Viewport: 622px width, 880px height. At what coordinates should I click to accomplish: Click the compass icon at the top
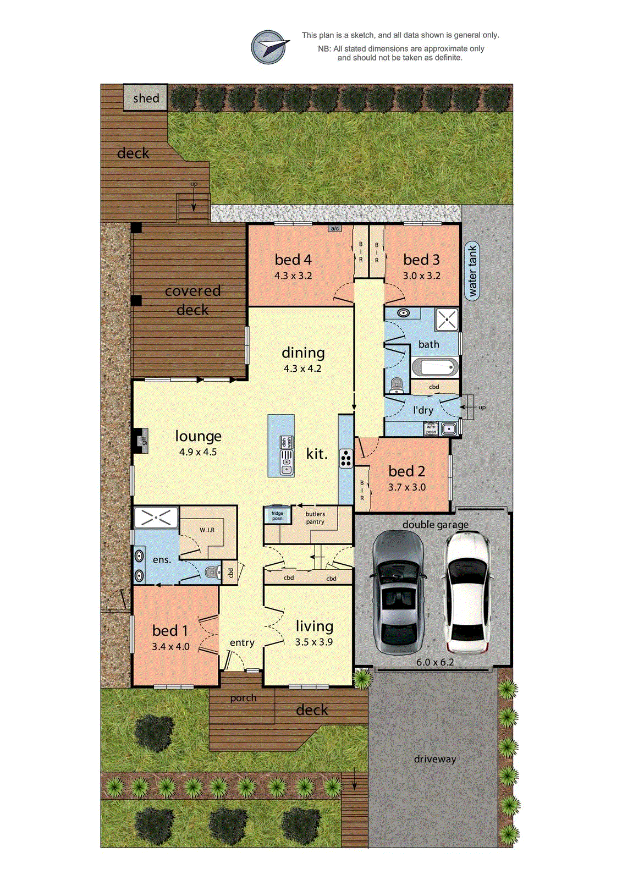pos(269,47)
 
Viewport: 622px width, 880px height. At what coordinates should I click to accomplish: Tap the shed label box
pos(145,98)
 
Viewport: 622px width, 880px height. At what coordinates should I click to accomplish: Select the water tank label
pos(472,270)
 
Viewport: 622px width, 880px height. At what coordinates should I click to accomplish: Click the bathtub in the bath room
pos(434,367)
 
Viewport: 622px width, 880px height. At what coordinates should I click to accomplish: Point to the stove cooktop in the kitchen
pos(346,458)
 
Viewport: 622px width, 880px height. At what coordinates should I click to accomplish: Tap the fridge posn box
pos(277,515)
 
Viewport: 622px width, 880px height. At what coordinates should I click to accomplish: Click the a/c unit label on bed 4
pos(334,228)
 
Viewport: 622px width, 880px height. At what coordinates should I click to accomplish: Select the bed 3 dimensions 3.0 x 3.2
pos(422,276)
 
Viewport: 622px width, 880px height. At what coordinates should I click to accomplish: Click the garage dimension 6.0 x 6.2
pos(435,662)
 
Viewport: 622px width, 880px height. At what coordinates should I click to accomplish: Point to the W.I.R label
pos(207,530)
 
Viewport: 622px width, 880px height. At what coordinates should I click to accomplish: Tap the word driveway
pos(435,759)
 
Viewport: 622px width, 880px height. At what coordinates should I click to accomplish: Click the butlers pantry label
pos(315,518)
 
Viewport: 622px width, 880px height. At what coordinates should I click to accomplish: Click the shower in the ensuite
pos(156,518)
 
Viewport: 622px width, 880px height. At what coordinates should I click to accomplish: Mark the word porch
pos(243,698)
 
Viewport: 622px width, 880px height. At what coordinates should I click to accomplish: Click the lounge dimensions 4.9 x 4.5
pos(198,452)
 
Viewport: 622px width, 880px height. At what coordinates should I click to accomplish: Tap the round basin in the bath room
pos(405,313)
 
